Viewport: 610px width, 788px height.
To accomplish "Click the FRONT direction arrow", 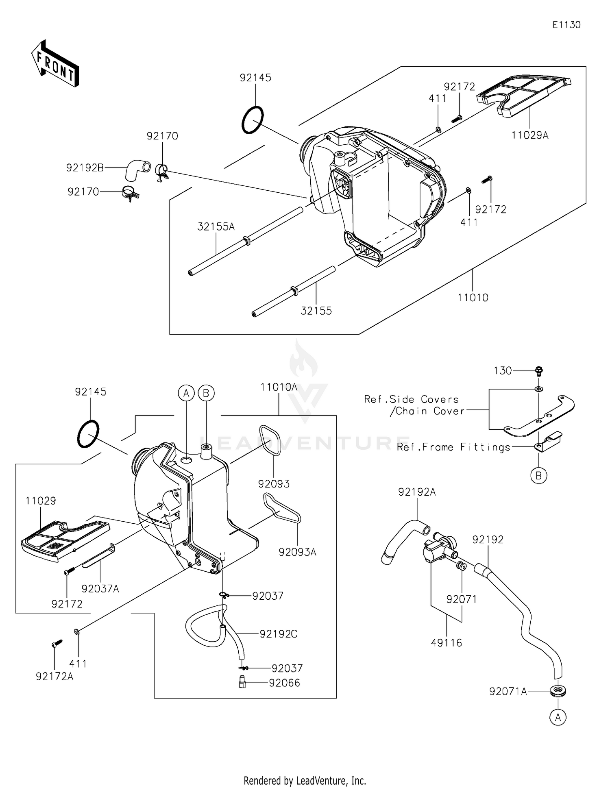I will [55, 63].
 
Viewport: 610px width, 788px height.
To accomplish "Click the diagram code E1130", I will [566, 25].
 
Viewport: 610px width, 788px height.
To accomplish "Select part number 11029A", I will [530, 135].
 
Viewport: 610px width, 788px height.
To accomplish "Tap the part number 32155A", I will [216, 227].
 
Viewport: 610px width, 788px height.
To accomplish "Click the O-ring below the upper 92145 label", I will [253, 120].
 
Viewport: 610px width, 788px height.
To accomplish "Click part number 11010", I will [473, 298].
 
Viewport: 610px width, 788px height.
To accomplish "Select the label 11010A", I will [279, 387].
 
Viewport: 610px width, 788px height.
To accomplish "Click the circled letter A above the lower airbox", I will [186, 393].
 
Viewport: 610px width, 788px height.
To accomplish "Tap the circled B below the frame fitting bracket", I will [538, 475].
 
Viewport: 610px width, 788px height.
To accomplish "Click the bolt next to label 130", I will [539, 370].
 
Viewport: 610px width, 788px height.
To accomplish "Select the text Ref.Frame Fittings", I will [453, 447].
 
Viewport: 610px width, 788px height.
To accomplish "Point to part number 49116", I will [447, 643].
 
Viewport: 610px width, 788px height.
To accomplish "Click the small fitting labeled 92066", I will [242, 682].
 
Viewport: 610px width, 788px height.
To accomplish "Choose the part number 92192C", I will [279, 634].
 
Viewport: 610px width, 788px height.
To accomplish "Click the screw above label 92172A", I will [57, 643].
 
